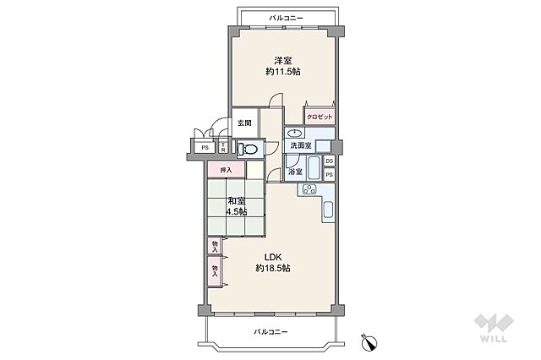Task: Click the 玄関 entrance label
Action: (244, 123)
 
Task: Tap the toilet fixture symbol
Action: (248, 150)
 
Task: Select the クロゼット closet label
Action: (320, 117)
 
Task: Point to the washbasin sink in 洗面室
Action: (295, 133)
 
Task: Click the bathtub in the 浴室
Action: (314, 167)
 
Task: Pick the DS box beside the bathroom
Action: (330, 161)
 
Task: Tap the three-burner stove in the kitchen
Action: (309, 189)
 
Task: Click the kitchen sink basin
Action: (328, 210)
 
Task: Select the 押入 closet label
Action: (226, 170)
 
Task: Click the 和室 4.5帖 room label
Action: (237, 206)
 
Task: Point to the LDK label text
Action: (273, 257)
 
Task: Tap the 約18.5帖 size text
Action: (273, 268)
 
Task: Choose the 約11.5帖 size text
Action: (283, 72)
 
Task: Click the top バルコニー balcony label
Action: (286, 18)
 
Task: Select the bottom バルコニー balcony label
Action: (270, 332)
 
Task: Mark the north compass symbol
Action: (369, 342)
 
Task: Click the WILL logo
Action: (494, 328)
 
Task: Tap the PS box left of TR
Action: (205, 148)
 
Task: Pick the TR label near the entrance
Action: (223, 148)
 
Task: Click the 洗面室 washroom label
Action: (301, 145)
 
